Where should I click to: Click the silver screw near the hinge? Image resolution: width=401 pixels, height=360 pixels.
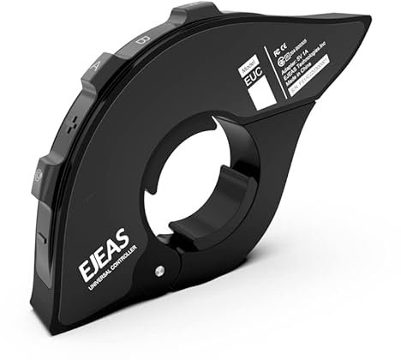click(159, 273)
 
